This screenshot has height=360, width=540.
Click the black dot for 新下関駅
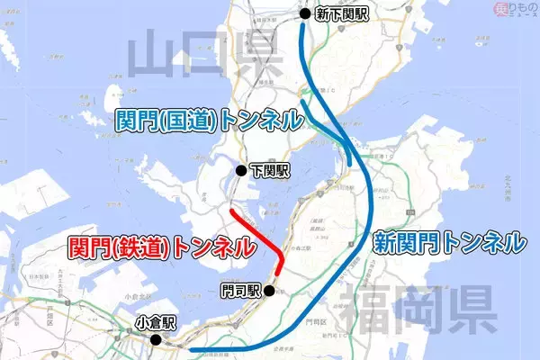304,13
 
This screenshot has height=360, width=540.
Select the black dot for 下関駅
240,169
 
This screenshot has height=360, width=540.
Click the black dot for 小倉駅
156,340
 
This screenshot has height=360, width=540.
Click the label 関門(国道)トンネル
208,119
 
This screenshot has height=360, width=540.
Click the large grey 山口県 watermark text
193,56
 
